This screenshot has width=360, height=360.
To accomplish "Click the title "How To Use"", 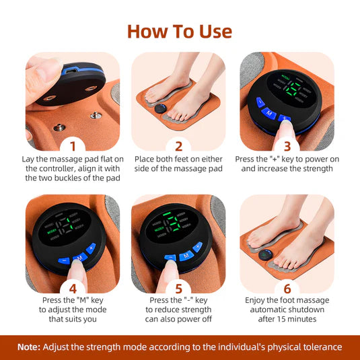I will click(180, 31).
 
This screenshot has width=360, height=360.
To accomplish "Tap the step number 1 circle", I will click(73, 145).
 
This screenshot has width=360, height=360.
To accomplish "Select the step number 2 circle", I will click(179, 145).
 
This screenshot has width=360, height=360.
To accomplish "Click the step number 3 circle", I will click(287, 145).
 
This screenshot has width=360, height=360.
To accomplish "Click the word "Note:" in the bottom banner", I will click(29, 347).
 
